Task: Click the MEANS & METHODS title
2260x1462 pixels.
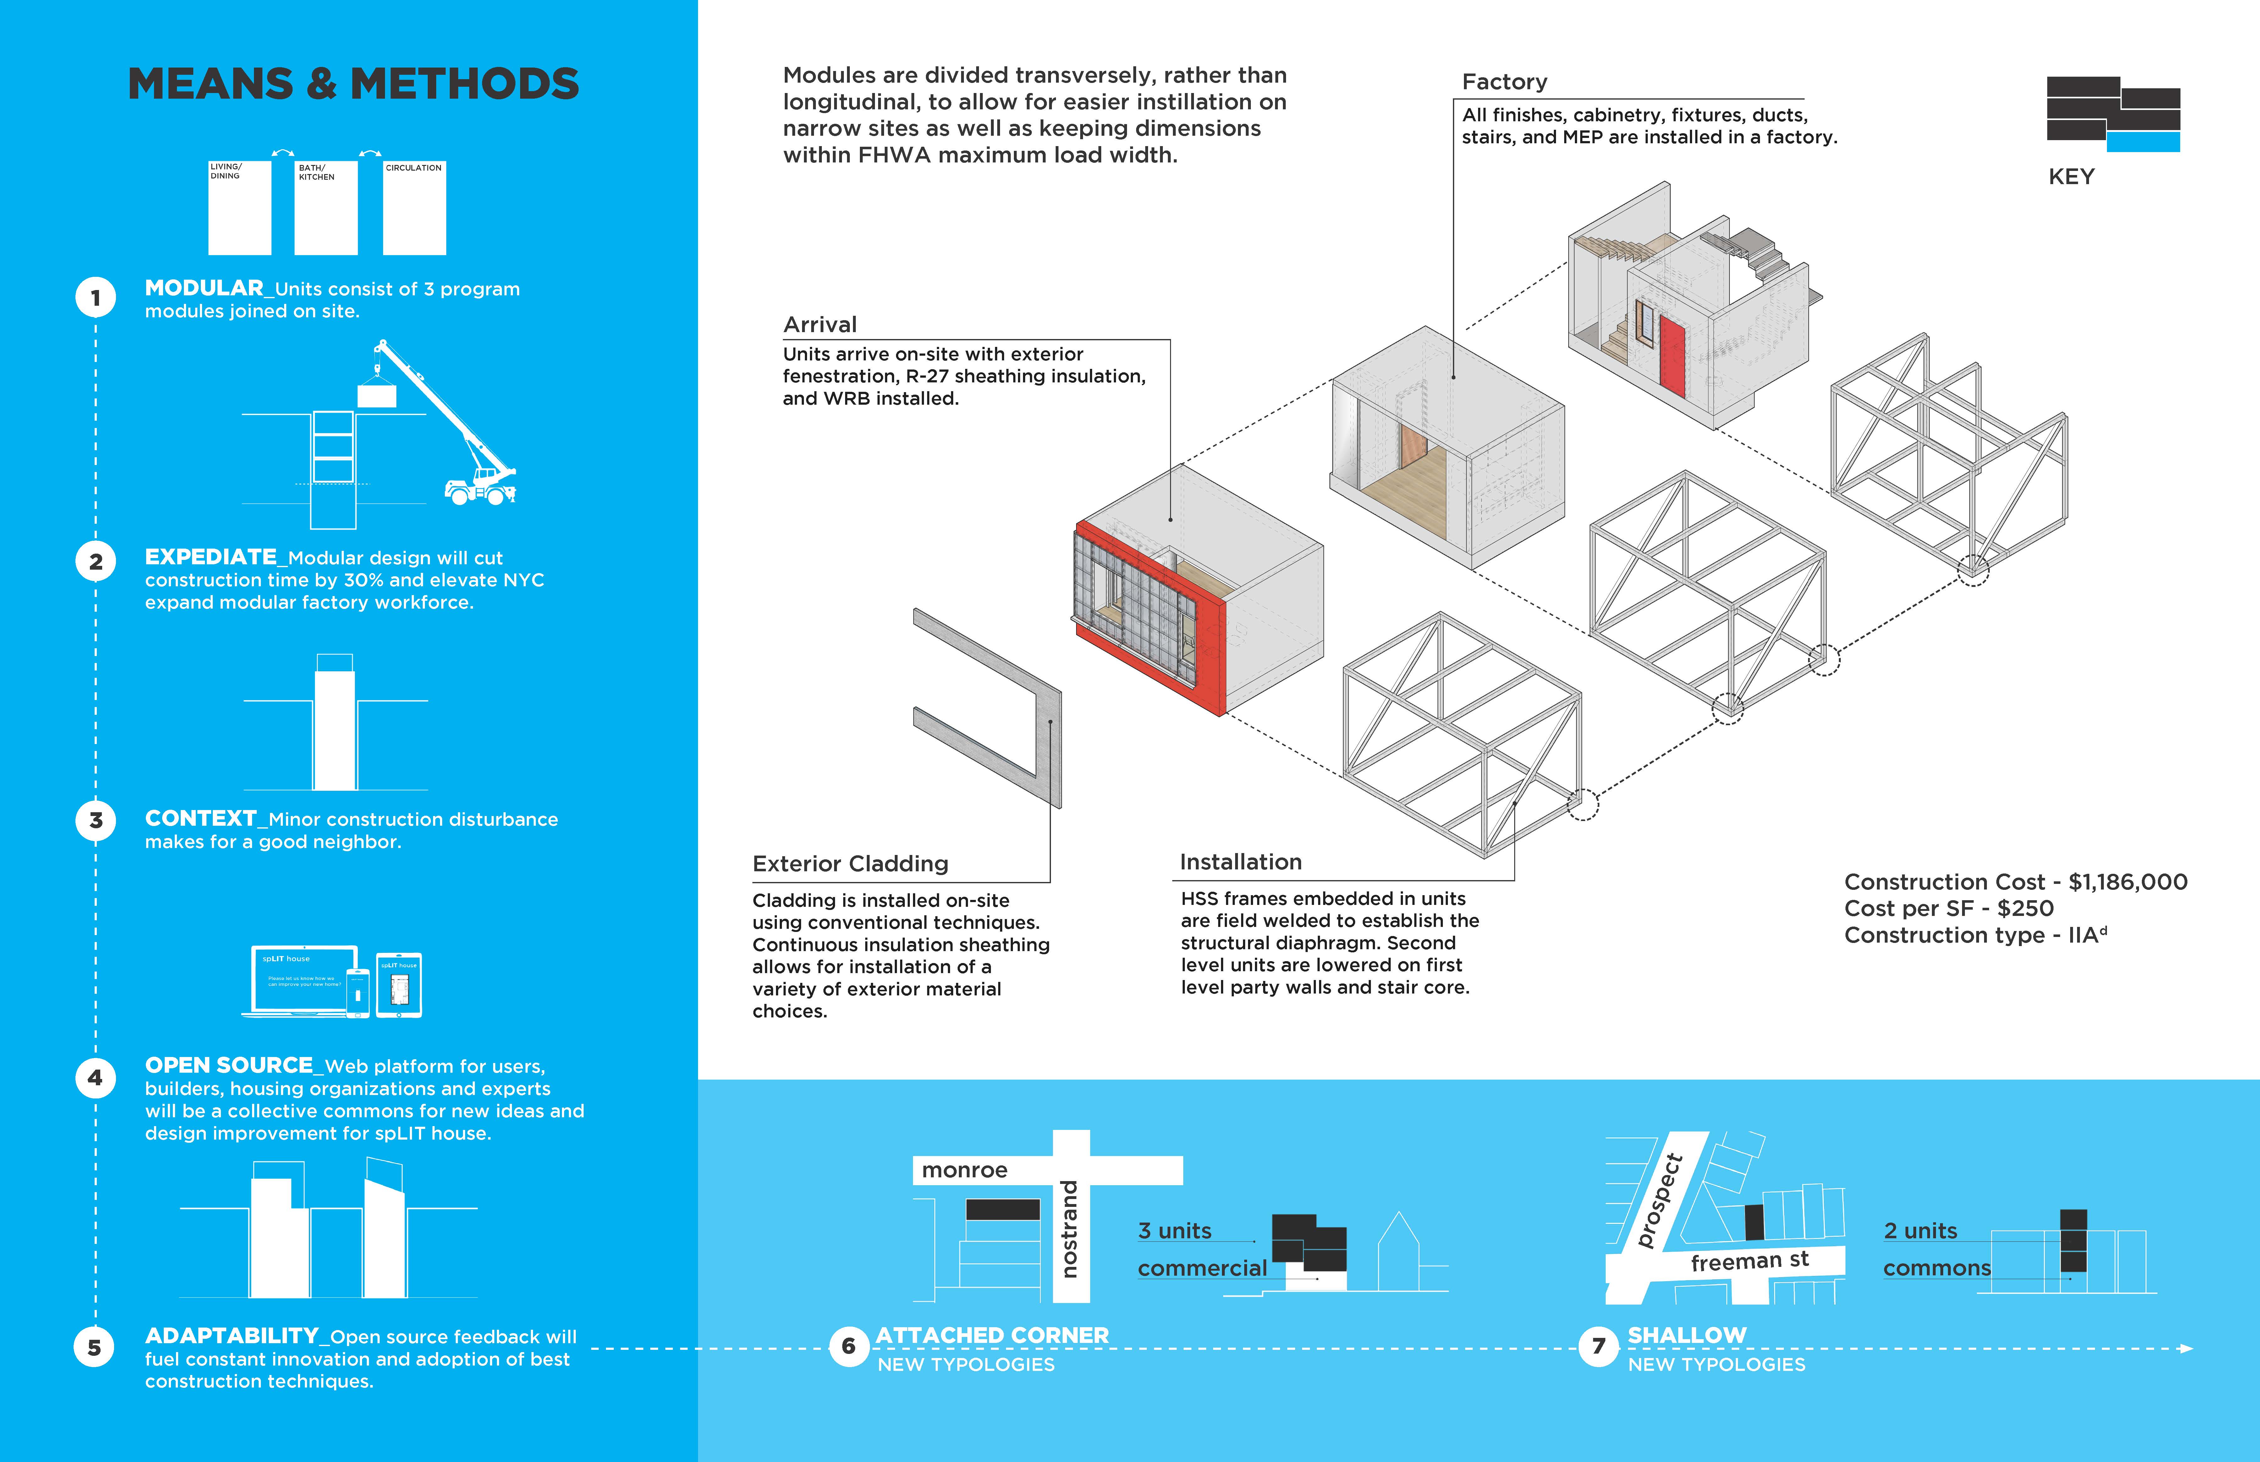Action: [353, 85]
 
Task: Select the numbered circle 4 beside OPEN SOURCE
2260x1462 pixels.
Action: [95, 1077]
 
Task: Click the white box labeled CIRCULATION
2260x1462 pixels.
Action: [414, 209]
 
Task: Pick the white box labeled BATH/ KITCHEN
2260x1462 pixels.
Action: [326, 209]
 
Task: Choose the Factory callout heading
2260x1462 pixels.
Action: [1504, 83]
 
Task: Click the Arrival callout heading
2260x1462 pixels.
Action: [819, 325]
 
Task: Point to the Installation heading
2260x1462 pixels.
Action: [1240, 862]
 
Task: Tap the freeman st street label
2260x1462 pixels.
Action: [1749, 1262]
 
